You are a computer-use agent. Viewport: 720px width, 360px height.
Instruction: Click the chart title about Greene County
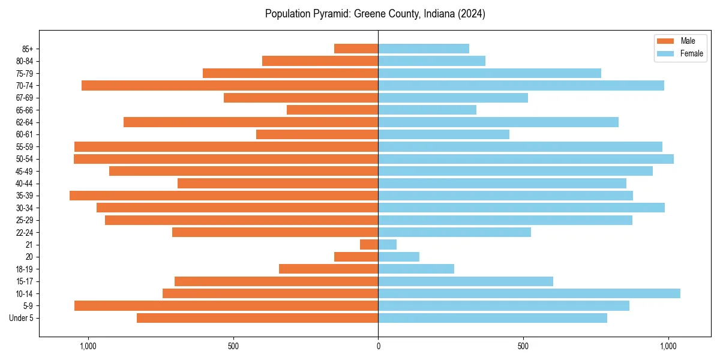(375, 14)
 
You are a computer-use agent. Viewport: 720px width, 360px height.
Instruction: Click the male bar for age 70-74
(230, 86)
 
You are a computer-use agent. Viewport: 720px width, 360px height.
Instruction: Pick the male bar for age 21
(369, 245)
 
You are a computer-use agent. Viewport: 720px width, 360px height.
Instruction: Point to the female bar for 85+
(424, 49)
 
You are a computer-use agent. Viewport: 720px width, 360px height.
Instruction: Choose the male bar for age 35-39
(224, 196)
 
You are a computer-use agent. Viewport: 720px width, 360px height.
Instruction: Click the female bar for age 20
(398, 257)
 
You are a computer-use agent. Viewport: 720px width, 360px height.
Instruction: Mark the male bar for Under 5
(257, 318)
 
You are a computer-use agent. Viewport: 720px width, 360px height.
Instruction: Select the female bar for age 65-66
(427, 110)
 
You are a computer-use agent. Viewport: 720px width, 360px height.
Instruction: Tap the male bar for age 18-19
(329, 269)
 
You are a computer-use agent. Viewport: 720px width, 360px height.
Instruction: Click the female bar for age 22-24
(454, 232)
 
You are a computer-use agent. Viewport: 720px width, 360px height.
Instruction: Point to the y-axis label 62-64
(25, 122)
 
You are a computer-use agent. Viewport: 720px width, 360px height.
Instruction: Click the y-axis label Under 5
(22, 318)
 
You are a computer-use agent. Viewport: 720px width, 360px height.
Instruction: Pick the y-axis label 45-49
(25, 171)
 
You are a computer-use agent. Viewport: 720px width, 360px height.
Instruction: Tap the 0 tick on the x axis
(378, 346)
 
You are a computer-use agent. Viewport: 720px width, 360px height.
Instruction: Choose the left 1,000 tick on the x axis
(88, 346)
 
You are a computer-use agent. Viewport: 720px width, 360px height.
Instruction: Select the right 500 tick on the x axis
(523, 346)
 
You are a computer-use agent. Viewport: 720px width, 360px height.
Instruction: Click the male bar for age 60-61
(317, 134)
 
